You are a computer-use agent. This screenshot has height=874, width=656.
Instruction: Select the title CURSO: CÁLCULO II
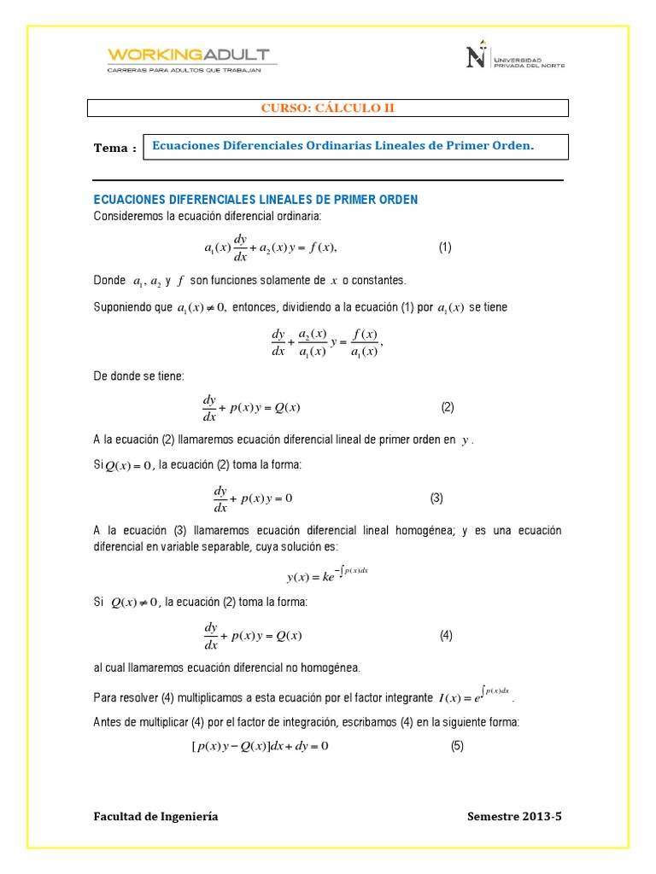[327, 108]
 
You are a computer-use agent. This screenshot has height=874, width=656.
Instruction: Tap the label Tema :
[114, 148]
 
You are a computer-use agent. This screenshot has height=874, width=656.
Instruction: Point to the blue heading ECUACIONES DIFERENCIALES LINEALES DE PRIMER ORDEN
[255, 199]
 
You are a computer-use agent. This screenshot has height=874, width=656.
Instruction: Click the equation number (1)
[445, 248]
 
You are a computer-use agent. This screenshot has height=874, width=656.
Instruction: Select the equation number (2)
[448, 407]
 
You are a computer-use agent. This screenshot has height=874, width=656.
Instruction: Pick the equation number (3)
[436, 498]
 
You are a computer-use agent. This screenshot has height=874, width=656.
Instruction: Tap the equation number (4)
[446, 635]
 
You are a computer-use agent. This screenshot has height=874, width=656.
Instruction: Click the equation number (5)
[457, 747]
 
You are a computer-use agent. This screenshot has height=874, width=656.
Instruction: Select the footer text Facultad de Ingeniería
[155, 817]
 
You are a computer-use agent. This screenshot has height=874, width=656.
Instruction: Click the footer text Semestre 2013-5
[515, 817]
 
